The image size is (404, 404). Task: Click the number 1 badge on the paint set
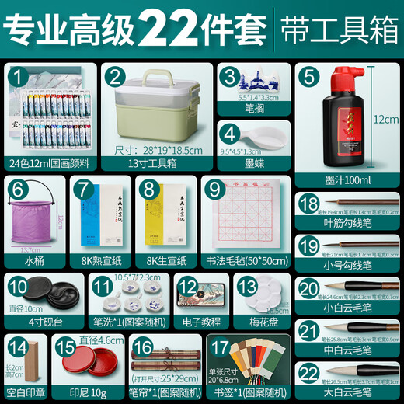(16, 76)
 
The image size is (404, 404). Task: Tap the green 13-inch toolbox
(158, 108)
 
